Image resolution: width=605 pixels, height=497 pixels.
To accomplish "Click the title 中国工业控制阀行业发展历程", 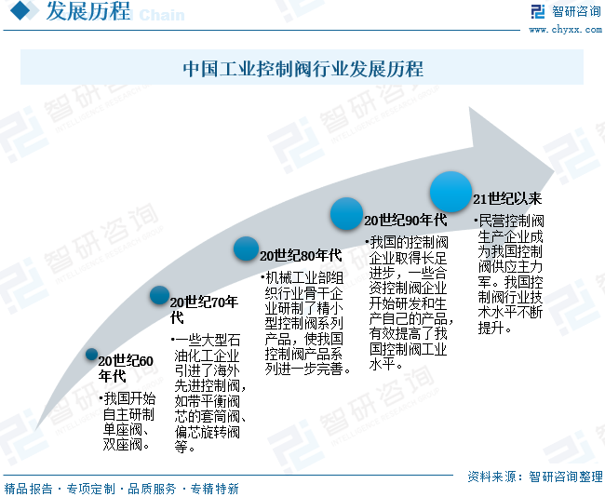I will (x=302, y=68).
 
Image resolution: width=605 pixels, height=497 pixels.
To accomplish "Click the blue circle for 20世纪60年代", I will (x=91, y=354).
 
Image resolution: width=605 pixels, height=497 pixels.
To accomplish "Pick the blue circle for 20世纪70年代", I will (x=159, y=295).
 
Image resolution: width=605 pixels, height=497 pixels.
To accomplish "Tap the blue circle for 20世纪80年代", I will (x=246, y=248).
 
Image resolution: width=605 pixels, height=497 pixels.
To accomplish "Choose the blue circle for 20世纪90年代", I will (x=346, y=213).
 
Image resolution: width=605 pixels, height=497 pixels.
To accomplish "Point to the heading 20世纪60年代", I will (x=126, y=368).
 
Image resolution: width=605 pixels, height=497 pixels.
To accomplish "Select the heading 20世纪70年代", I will (x=204, y=309).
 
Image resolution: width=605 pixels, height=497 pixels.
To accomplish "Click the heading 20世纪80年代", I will (x=301, y=255).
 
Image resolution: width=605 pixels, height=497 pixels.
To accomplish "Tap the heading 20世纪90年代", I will (x=405, y=221).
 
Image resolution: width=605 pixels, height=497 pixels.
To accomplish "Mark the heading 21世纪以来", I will (x=507, y=198).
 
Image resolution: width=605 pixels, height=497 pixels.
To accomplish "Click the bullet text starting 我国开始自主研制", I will (x=129, y=422).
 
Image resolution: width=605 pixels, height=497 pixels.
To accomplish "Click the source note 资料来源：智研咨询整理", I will (x=534, y=476).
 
